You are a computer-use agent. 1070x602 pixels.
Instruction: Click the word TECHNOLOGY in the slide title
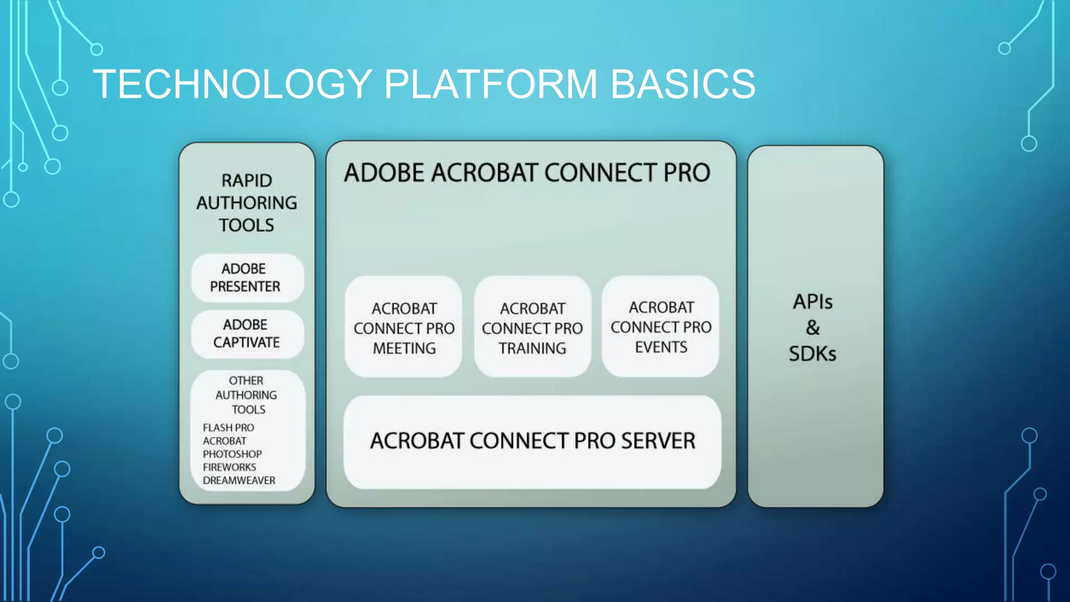tap(232, 84)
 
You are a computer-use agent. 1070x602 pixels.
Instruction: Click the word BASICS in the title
tap(682, 84)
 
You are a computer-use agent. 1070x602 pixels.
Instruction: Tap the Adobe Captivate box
tap(247, 333)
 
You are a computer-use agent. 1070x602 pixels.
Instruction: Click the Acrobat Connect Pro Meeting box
tap(404, 328)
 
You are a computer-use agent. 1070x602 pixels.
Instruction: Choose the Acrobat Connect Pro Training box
tap(532, 328)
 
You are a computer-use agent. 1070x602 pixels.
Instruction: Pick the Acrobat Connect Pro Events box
tap(661, 327)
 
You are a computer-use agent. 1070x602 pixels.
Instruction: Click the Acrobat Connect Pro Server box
tap(532, 442)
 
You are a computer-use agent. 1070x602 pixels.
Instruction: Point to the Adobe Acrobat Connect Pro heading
tap(527, 173)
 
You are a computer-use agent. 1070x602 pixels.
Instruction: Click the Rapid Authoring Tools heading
tap(247, 203)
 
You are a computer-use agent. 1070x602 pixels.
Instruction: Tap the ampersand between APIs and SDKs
tap(812, 328)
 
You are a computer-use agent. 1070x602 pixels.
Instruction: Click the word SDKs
tap(812, 354)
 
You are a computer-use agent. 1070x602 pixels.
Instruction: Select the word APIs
tap(812, 302)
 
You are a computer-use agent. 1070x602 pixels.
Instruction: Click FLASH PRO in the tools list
tap(228, 427)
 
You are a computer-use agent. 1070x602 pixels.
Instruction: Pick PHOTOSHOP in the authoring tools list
tap(232, 454)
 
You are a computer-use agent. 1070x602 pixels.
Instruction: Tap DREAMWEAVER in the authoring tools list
tap(239, 480)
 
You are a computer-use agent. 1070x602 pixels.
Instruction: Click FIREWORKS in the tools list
tap(229, 467)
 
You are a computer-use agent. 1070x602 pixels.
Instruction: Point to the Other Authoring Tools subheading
tap(247, 395)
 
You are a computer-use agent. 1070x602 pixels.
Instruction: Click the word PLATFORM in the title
tap(491, 84)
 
